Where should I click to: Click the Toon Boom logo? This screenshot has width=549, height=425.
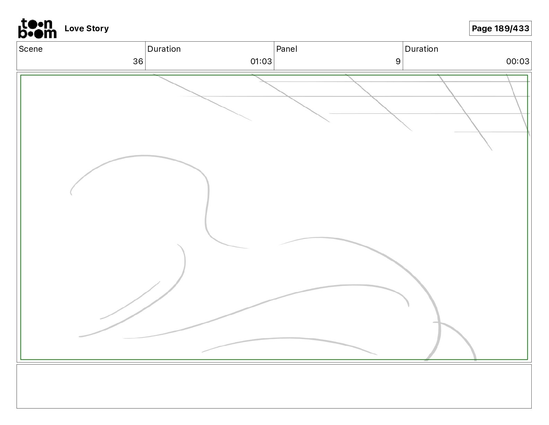pyautogui.click(x=37, y=28)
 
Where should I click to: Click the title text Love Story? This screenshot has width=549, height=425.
pyautogui.click(x=86, y=28)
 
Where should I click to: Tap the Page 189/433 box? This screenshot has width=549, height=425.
pyautogui.click(x=500, y=28)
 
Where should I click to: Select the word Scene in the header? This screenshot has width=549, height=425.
pyautogui.click(x=31, y=49)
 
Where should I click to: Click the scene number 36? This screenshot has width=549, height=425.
pyautogui.click(x=138, y=61)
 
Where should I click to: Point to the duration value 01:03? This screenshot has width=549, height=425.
pyautogui.click(x=261, y=61)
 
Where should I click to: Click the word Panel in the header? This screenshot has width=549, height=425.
pyautogui.click(x=287, y=49)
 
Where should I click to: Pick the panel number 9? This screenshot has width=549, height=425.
pyautogui.click(x=398, y=61)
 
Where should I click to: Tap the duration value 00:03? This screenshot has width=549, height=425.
pyautogui.click(x=517, y=61)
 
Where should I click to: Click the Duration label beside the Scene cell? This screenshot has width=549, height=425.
pyautogui.click(x=164, y=49)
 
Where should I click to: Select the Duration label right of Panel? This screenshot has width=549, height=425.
pyautogui.click(x=421, y=49)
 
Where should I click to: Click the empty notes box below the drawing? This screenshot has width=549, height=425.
pyautogui.click(x=274, y=386)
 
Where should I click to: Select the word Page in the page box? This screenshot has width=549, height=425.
pyautogui.click(x=482, y=28)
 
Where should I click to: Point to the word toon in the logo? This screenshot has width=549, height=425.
pyautogui.click(x=37, y=24)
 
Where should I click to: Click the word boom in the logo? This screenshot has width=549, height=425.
pyautogui.click(x=37, y=33)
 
